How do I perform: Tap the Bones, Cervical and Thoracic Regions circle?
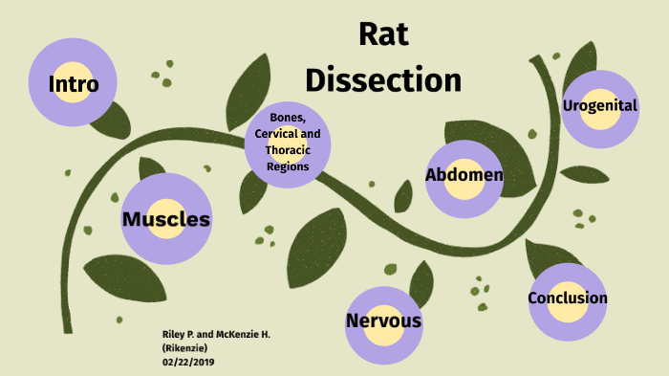(x=288, y=143)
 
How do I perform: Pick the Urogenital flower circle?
(x=600, y=106)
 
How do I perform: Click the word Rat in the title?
(x=383, y=34)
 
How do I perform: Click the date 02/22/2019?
(x=189, y=361)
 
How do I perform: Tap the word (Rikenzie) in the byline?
(x=185, y=347)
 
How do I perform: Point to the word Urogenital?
(x=600, y=105)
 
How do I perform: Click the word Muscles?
(x=166, y=220)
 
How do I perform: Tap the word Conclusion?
(x=568, y=299)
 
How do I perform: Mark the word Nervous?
(x=383, y=321)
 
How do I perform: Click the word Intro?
(x=74, y=84)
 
